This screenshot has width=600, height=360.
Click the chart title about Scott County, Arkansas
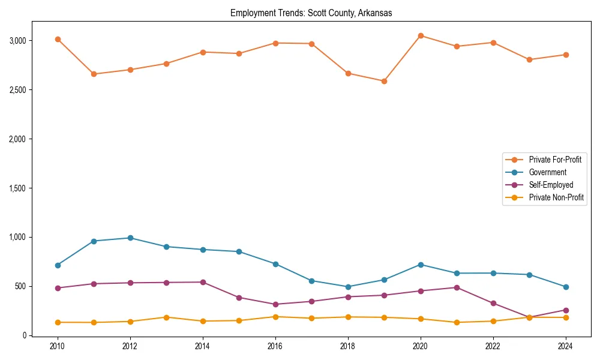pyautogui.click(x=311, y=13)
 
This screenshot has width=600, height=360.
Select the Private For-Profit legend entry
pyautogui.click(x=556, y=160)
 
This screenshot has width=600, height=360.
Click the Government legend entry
pyautogui.click(x=547, y=172)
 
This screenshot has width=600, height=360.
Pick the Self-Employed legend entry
pyautogui.click(x=551, y=185)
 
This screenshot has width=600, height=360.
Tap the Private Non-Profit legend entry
pyautogui.click(x=556, y=197)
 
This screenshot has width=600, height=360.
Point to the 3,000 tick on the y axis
pyautogui.click(x=17, y=41)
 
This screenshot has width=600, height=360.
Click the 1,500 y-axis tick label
pyautogui.click(x=17, y=188)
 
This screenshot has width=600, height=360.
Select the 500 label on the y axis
pyautogui.click(x=20, y=286)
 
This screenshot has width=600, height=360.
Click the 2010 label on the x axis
pyautogui.click(x=58, y=346)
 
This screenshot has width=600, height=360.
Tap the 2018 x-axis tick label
pyautogui.click(x=348, y=346)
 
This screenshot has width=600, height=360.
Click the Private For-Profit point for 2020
pyautogui.click(x=421, y=36)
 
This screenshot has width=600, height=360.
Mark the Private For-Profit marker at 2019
pyautogui.click(x=384, y=81)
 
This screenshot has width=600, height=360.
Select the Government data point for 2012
pyautogui.click(x=130, y=238)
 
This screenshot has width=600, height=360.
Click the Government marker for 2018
pyautogui.click(x=348, y=287)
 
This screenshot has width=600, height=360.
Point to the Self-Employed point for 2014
pyautogui.click(x=203, y=282)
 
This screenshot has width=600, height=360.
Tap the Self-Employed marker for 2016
pyautogui.click(x=275, y=304)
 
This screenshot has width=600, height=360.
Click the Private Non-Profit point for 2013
pyautogui.click(x=166, y=317)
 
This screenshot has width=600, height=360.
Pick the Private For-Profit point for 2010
pyautogui.click(x=58, y=40)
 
